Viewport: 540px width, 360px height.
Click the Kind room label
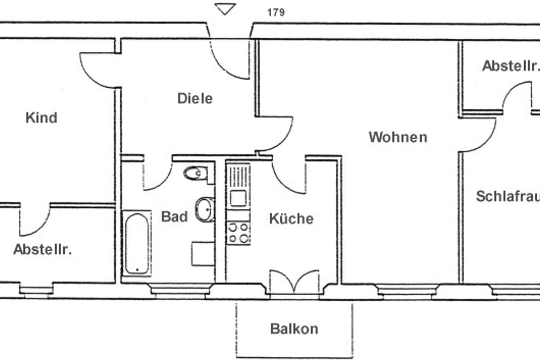click(41, 118)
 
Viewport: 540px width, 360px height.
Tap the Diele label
click(194, 99)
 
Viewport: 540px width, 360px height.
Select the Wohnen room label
click(398, 137)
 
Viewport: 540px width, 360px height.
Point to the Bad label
click(174, 217)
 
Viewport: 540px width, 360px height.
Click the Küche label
click(291, 219)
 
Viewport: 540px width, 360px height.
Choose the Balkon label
click(294, 328)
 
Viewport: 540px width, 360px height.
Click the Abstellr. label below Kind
click(42, 249)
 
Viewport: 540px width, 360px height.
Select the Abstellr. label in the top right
click(510, 66)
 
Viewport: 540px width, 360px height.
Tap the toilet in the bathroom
click(196, 173)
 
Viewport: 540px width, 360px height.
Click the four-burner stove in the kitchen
click(238, 233)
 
